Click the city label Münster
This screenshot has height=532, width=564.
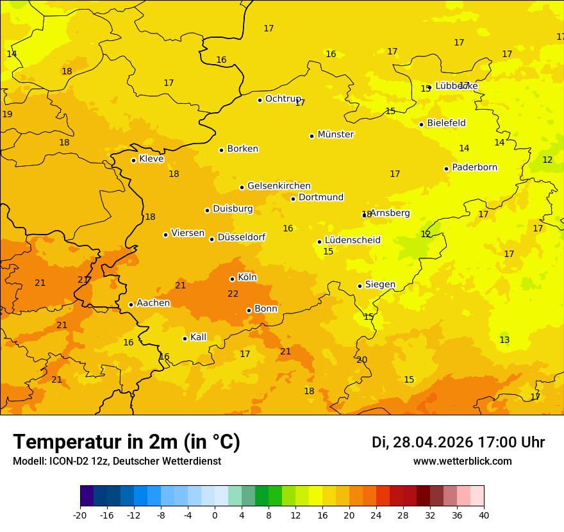[336, 135]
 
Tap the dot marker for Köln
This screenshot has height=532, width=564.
[232, 279]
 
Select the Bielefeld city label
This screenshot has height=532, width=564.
[446, 123]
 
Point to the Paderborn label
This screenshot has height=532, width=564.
[474, 167]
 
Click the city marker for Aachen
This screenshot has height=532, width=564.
[131, 304]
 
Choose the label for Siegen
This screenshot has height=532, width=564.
[380, 285]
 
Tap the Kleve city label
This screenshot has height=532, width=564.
[151, 159]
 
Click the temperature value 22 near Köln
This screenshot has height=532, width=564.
[233, 294]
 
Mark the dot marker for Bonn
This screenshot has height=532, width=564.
[249, 310]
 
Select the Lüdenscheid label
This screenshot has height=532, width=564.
[352, 240]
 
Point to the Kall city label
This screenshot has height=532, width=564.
[198, 337]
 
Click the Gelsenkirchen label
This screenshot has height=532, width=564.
[279, 186]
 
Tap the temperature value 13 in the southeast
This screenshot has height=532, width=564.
[504, 340]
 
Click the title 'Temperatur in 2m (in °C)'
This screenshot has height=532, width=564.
[126, 442]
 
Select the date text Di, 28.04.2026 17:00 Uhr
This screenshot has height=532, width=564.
[458, 442]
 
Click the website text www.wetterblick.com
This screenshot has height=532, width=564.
[462, 461]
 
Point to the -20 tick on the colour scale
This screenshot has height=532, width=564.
[80, 515]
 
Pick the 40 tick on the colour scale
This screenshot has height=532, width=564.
[484, 515]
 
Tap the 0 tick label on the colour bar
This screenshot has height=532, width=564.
[215, 515]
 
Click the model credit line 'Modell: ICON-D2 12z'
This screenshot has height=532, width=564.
[117, 461]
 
